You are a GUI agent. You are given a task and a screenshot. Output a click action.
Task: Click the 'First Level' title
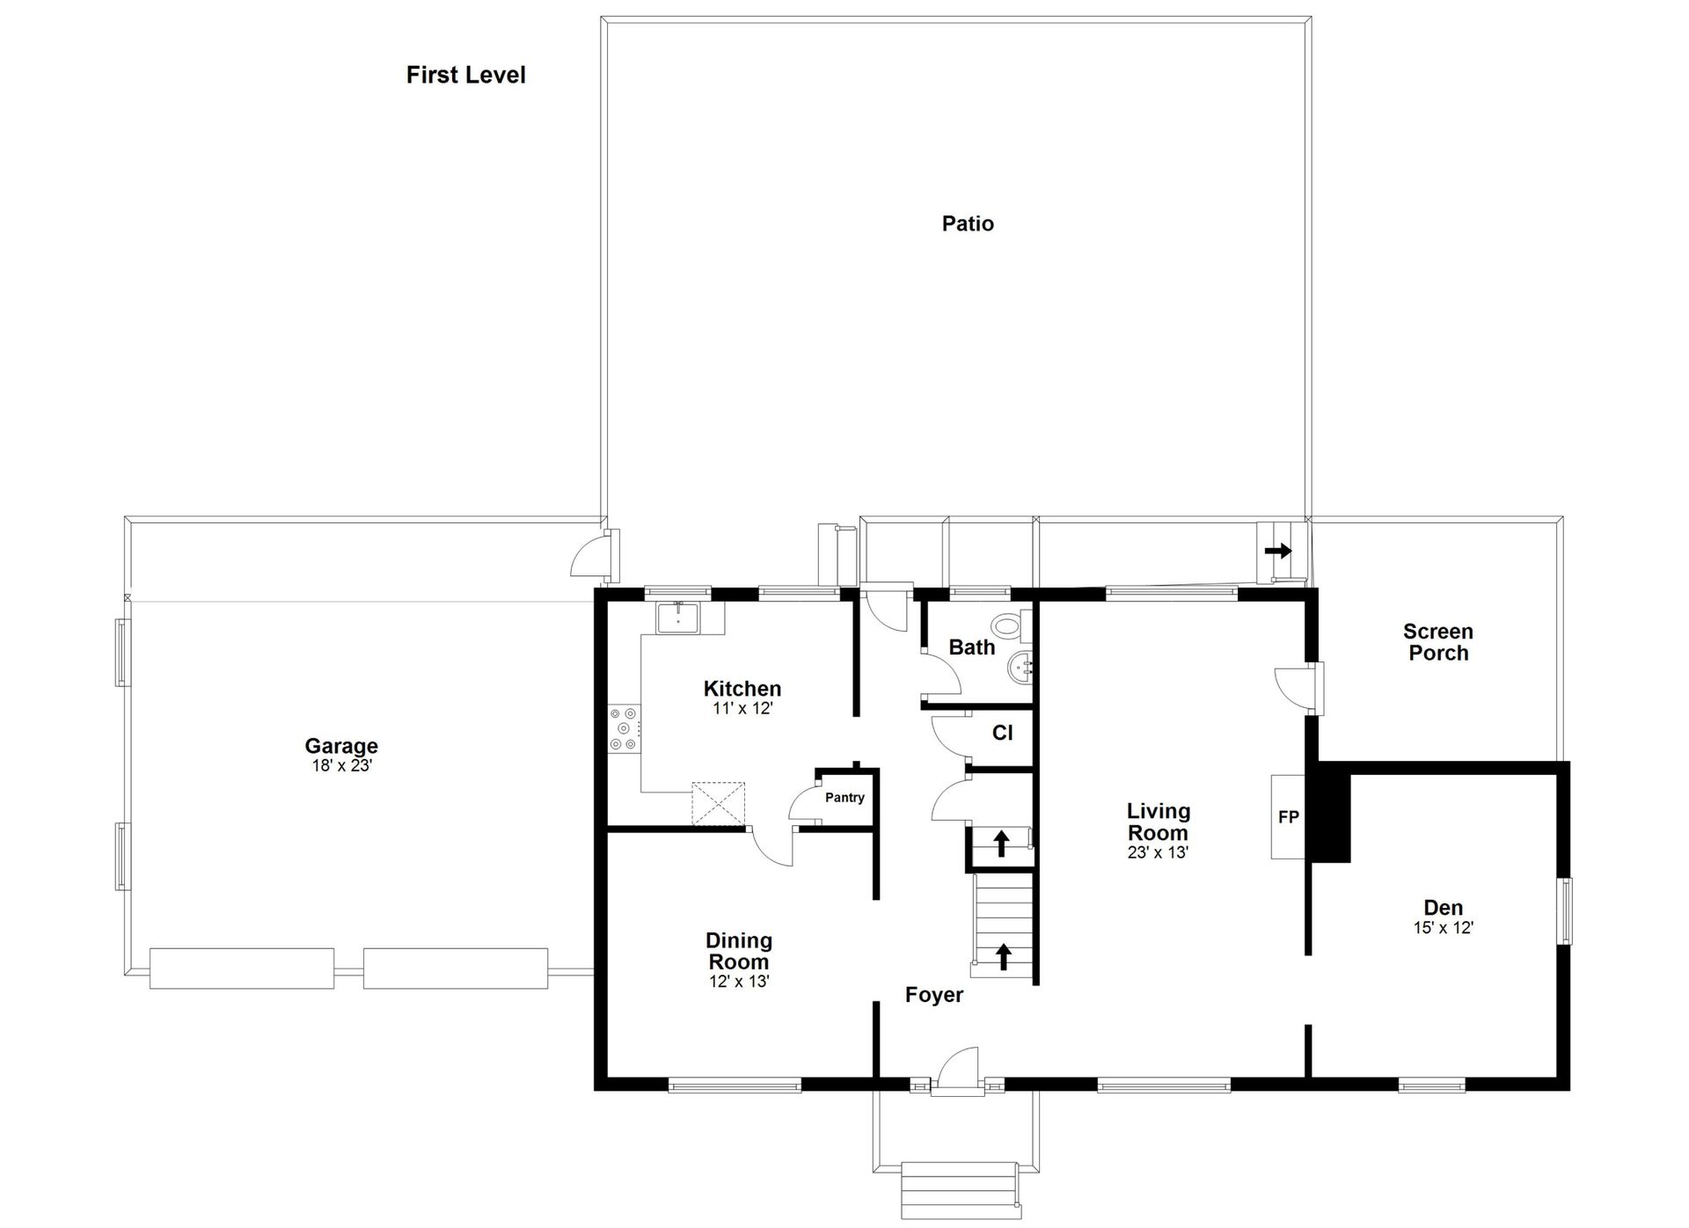(x=465, y=75)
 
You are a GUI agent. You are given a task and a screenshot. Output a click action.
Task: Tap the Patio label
(x=968, y=223)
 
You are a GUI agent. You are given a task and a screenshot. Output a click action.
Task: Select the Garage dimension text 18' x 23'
(x=342, y=765)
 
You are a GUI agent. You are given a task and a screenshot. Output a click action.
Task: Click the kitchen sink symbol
(x=678, y=618)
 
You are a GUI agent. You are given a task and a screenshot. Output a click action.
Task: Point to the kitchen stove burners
(x=625, y=729)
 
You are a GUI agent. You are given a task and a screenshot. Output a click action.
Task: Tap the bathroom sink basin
(x=1021, y=670)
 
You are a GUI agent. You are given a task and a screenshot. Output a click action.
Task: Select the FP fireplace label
(x=1289, y=817)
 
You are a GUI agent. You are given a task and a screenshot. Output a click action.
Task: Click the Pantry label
(x=844, y=798)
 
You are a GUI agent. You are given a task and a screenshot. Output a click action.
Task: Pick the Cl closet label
(x=1002, y=733)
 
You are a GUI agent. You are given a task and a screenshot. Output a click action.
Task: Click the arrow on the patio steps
(x=1278, y=551)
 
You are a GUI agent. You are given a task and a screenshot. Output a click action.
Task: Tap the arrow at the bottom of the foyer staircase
(x=1003, y=956)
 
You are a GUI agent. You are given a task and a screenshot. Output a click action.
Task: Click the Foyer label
(x=934, y=995)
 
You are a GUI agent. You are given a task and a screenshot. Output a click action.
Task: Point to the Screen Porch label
(x=1438, y=642)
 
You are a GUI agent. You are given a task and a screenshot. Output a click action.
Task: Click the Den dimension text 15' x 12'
(x=1444, y=927)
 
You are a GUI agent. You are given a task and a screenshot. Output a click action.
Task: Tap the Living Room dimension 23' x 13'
(x=1158, y=852)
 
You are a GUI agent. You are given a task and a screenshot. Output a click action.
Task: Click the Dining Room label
(x=739, y=951)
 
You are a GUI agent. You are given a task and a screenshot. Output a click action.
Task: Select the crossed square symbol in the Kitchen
(x=718, y=804)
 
